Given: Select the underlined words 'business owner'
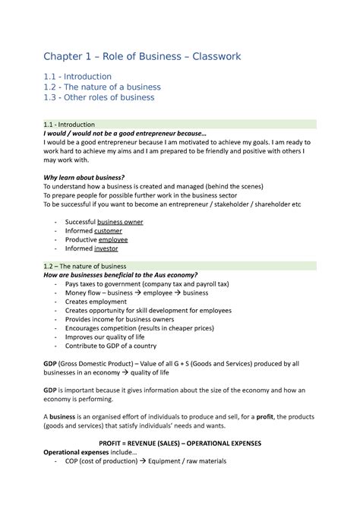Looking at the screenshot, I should (115, 222).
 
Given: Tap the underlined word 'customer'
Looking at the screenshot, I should (108, 230).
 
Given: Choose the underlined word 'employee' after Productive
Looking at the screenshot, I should (113, 239).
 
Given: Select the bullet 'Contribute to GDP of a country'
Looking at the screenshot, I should (115, 346).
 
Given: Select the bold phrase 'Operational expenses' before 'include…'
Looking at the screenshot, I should (80, 452).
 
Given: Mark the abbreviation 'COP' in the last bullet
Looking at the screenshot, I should (74, 461).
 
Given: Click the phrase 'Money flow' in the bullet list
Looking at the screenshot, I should (84, 292).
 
